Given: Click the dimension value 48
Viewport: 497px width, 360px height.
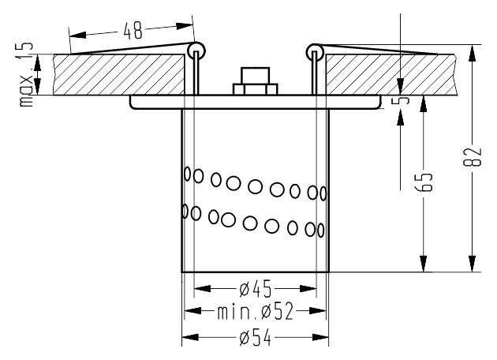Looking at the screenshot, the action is [x=133, y=31].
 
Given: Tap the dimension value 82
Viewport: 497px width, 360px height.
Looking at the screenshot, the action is [x=473, y=156].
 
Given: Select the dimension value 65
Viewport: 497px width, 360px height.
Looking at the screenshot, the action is [x=424, y=182].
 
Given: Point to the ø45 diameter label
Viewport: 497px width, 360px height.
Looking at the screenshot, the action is [x=255, y=289].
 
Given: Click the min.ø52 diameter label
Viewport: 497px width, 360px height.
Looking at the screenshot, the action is [x=255, y=311].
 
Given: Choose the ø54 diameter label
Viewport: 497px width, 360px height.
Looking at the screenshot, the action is [x=255, y=337].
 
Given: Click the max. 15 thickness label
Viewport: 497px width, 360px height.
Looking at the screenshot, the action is [x=26, y=74].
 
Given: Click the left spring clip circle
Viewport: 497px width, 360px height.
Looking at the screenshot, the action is [x=196, y=51].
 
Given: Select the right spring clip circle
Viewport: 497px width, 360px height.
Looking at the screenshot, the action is [x=315, y=52].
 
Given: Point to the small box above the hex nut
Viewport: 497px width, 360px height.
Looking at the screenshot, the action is [x=255, y=76].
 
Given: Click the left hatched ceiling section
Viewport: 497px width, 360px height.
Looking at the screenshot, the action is [x=119, y=74].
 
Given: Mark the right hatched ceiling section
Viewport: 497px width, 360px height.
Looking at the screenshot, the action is [x=391, y=74].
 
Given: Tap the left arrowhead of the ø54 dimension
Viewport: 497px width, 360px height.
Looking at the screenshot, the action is [x=190, y=337].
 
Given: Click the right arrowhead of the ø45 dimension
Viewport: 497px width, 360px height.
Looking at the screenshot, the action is [x=308, y=289].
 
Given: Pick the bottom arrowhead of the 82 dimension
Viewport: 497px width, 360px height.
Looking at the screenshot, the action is [x=473, y=263].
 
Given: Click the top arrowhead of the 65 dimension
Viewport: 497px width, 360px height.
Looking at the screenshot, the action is [x=424, y=103].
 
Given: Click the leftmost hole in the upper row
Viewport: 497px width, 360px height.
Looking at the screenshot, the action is [x=187, y=174].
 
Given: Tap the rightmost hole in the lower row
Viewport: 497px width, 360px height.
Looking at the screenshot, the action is [x=321, y=231].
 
